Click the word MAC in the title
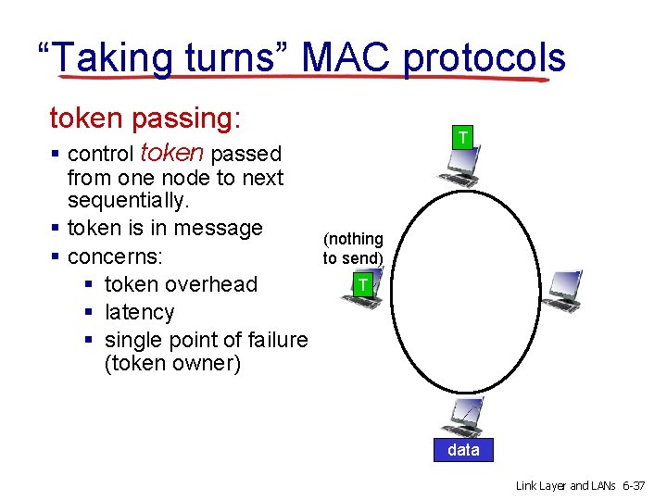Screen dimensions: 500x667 [x=347, y=57]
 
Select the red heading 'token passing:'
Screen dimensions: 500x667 [x=145, y=119]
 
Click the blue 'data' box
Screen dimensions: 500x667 [x=463, y=450]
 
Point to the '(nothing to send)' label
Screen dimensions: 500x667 [x=353, y=248]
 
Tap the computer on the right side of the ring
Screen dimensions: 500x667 [x=562, y=290]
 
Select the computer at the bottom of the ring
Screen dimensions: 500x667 [x=462, y=418]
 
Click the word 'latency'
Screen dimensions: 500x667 [x=139, y=312]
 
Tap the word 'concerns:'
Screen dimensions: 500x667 [x=117, y=256]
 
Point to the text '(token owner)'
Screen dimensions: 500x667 [x=172, y=363]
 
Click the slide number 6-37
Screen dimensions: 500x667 [x=637, y=485]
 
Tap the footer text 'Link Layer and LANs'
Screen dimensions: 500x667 [x=565, y=485]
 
